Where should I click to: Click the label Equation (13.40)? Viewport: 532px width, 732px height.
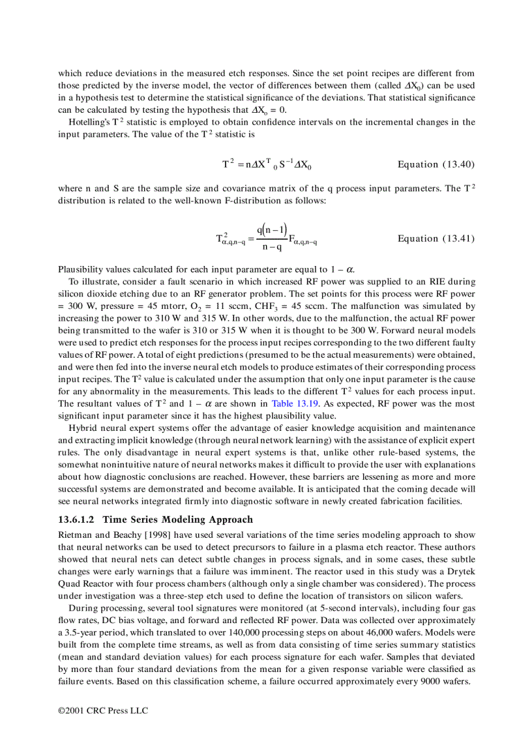tap(436, 164)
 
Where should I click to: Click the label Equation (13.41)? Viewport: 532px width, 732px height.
tap(436, 239)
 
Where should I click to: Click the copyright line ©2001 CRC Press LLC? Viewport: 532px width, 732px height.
tap(103, 710)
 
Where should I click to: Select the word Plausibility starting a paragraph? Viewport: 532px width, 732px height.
tap(81, 269)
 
